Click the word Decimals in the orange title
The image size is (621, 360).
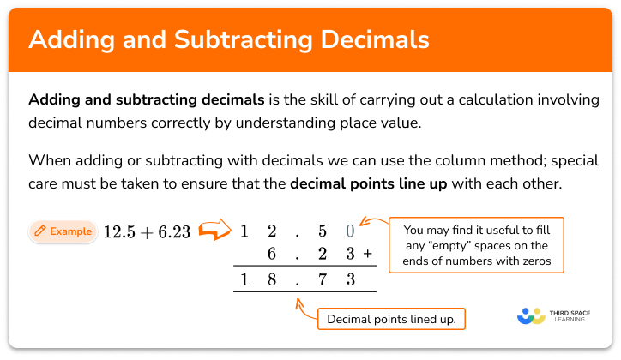376,40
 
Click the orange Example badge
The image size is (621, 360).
62,231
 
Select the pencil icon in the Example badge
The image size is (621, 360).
39,231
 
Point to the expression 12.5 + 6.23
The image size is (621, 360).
147,231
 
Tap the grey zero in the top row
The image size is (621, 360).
349,231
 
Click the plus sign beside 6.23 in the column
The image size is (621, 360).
367,254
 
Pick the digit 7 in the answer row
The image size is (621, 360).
323,279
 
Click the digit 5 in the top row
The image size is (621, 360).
323,231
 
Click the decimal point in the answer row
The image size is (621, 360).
297,282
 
